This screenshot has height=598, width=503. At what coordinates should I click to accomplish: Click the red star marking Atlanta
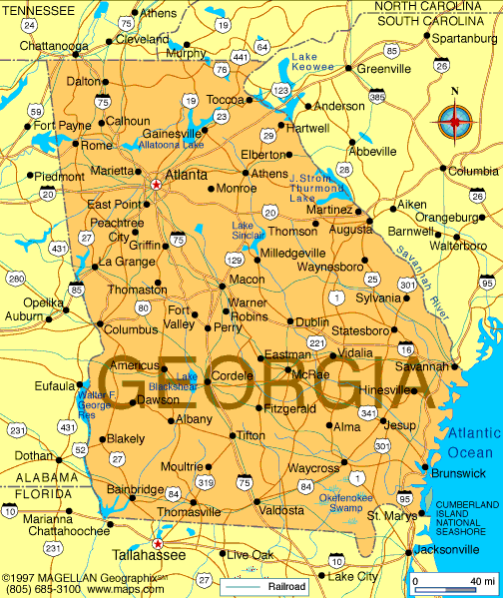[156, 185]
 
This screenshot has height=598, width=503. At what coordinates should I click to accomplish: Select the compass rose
[455, 122]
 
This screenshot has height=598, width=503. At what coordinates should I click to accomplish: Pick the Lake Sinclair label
[248, 231]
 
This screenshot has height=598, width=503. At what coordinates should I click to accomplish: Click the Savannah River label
[418, 275]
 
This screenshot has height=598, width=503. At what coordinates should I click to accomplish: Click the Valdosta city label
[281, 510]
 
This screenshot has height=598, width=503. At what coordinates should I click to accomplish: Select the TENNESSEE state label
[38, 9]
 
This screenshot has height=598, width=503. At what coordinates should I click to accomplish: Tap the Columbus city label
[132, 329]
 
